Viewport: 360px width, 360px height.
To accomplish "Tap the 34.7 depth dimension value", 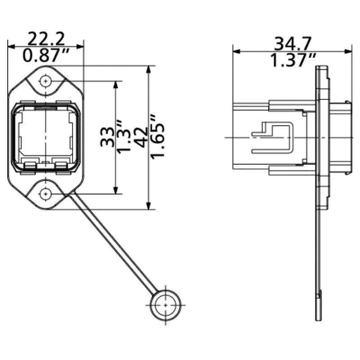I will click(292, 43).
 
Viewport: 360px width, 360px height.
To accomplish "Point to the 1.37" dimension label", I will click(292, 60).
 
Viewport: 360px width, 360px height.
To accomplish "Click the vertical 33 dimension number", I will click(107, 137).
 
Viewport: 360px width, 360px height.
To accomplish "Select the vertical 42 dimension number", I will click(141, 137).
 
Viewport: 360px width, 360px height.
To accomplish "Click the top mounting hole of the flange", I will click(45, 81).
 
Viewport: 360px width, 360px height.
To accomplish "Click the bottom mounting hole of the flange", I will click(45, 194).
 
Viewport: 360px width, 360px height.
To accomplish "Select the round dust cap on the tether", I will click(166, 305).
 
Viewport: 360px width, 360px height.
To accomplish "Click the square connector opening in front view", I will click(45, 135).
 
